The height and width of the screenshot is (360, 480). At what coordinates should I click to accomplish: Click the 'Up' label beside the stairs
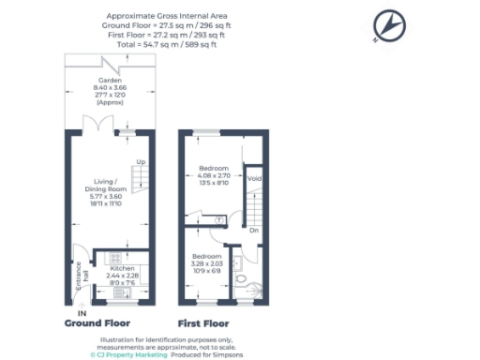[x=141, y=162]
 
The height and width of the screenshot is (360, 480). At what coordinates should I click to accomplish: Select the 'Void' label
[x=253, y=177]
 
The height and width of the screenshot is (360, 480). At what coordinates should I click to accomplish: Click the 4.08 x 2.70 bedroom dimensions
[x=214, y=176]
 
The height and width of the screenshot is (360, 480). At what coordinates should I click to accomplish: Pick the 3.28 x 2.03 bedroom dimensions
[x=207, y=263]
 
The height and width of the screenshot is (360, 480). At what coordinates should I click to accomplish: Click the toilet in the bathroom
[x=241, y=278]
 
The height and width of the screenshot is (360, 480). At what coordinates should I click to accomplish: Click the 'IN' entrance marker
[x=82, y=311]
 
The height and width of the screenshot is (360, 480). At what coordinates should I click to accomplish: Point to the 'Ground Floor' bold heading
[x=96, y=322]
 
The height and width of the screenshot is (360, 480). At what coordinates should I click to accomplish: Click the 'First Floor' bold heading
[x=204, y=322]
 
